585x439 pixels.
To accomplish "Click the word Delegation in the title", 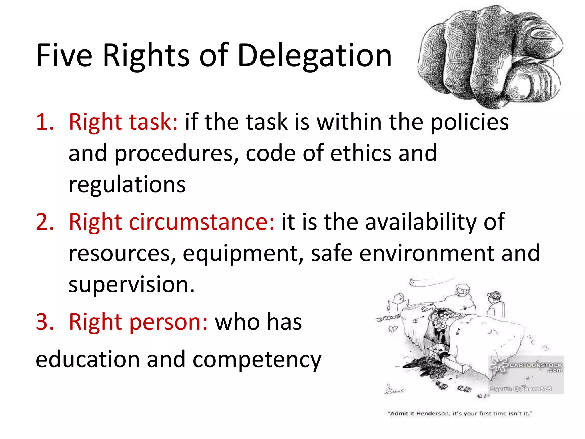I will click(314, 56).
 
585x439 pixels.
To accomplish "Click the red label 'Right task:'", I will click(123, 122).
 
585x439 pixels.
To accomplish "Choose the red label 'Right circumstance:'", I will click(171, 222).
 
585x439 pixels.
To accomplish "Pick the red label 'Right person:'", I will click(138, 322).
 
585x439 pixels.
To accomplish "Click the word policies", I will click(469, 122).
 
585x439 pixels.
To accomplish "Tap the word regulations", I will click(127, 185).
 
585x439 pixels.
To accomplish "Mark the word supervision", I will click(131, 285).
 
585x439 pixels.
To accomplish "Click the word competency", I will click(257, 360).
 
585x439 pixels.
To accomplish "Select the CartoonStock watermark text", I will click(535, 366).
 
